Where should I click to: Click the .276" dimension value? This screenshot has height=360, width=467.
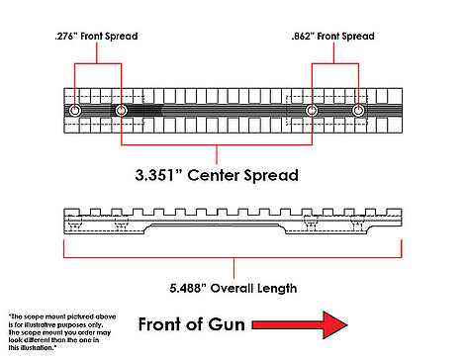66,36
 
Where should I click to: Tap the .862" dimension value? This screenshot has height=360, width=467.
303,36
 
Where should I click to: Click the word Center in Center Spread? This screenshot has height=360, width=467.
214,175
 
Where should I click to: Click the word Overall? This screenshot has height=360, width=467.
232,288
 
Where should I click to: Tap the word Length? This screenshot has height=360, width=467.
277,289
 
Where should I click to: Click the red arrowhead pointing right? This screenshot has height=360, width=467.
334,324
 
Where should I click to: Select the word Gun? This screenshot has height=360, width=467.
227,324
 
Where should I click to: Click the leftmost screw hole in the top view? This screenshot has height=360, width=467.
75,111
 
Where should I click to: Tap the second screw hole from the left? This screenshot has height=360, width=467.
121,111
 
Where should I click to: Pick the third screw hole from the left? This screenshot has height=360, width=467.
312,111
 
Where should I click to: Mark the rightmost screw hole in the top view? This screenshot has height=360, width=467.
358,111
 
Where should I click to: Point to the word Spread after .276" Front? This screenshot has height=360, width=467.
121,37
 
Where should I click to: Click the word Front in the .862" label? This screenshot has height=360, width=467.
328,36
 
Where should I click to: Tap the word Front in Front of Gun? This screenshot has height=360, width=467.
160,324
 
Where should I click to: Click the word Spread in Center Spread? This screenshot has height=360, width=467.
271,176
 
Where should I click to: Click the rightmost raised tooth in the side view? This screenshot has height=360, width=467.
394,212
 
